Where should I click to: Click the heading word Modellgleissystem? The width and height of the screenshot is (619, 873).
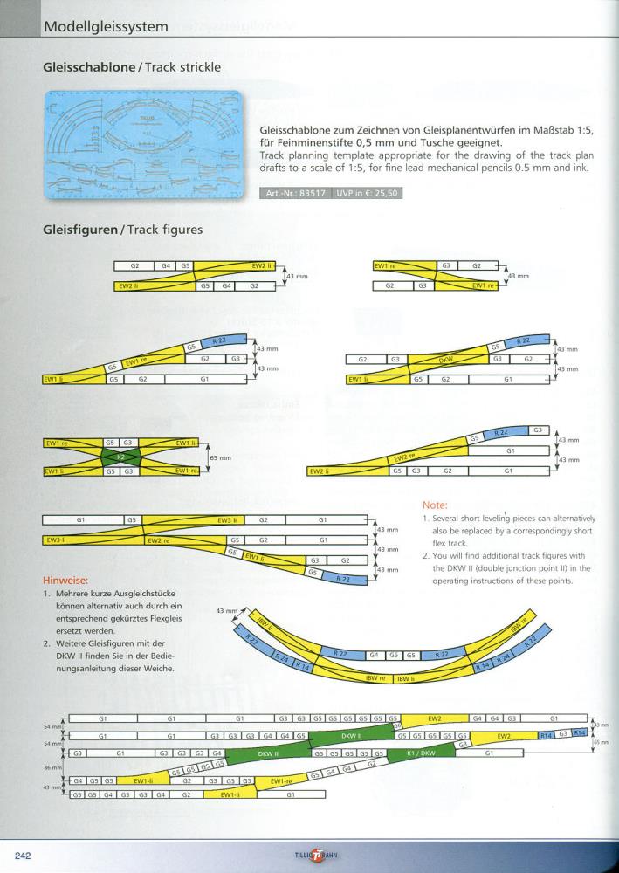click(x=105, y=26)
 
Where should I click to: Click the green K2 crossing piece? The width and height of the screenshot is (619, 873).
click(x=122, y=457)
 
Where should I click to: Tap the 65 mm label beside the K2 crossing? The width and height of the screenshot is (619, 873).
click(x=222, y=457)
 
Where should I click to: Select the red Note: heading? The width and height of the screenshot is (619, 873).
click(x=435, y=505)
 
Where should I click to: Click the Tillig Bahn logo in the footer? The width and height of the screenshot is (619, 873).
click(x=311, y=856)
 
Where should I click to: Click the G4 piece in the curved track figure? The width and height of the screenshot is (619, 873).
click(x=374, y=654)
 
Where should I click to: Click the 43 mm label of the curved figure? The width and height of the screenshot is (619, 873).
click(x=226, y=610)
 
